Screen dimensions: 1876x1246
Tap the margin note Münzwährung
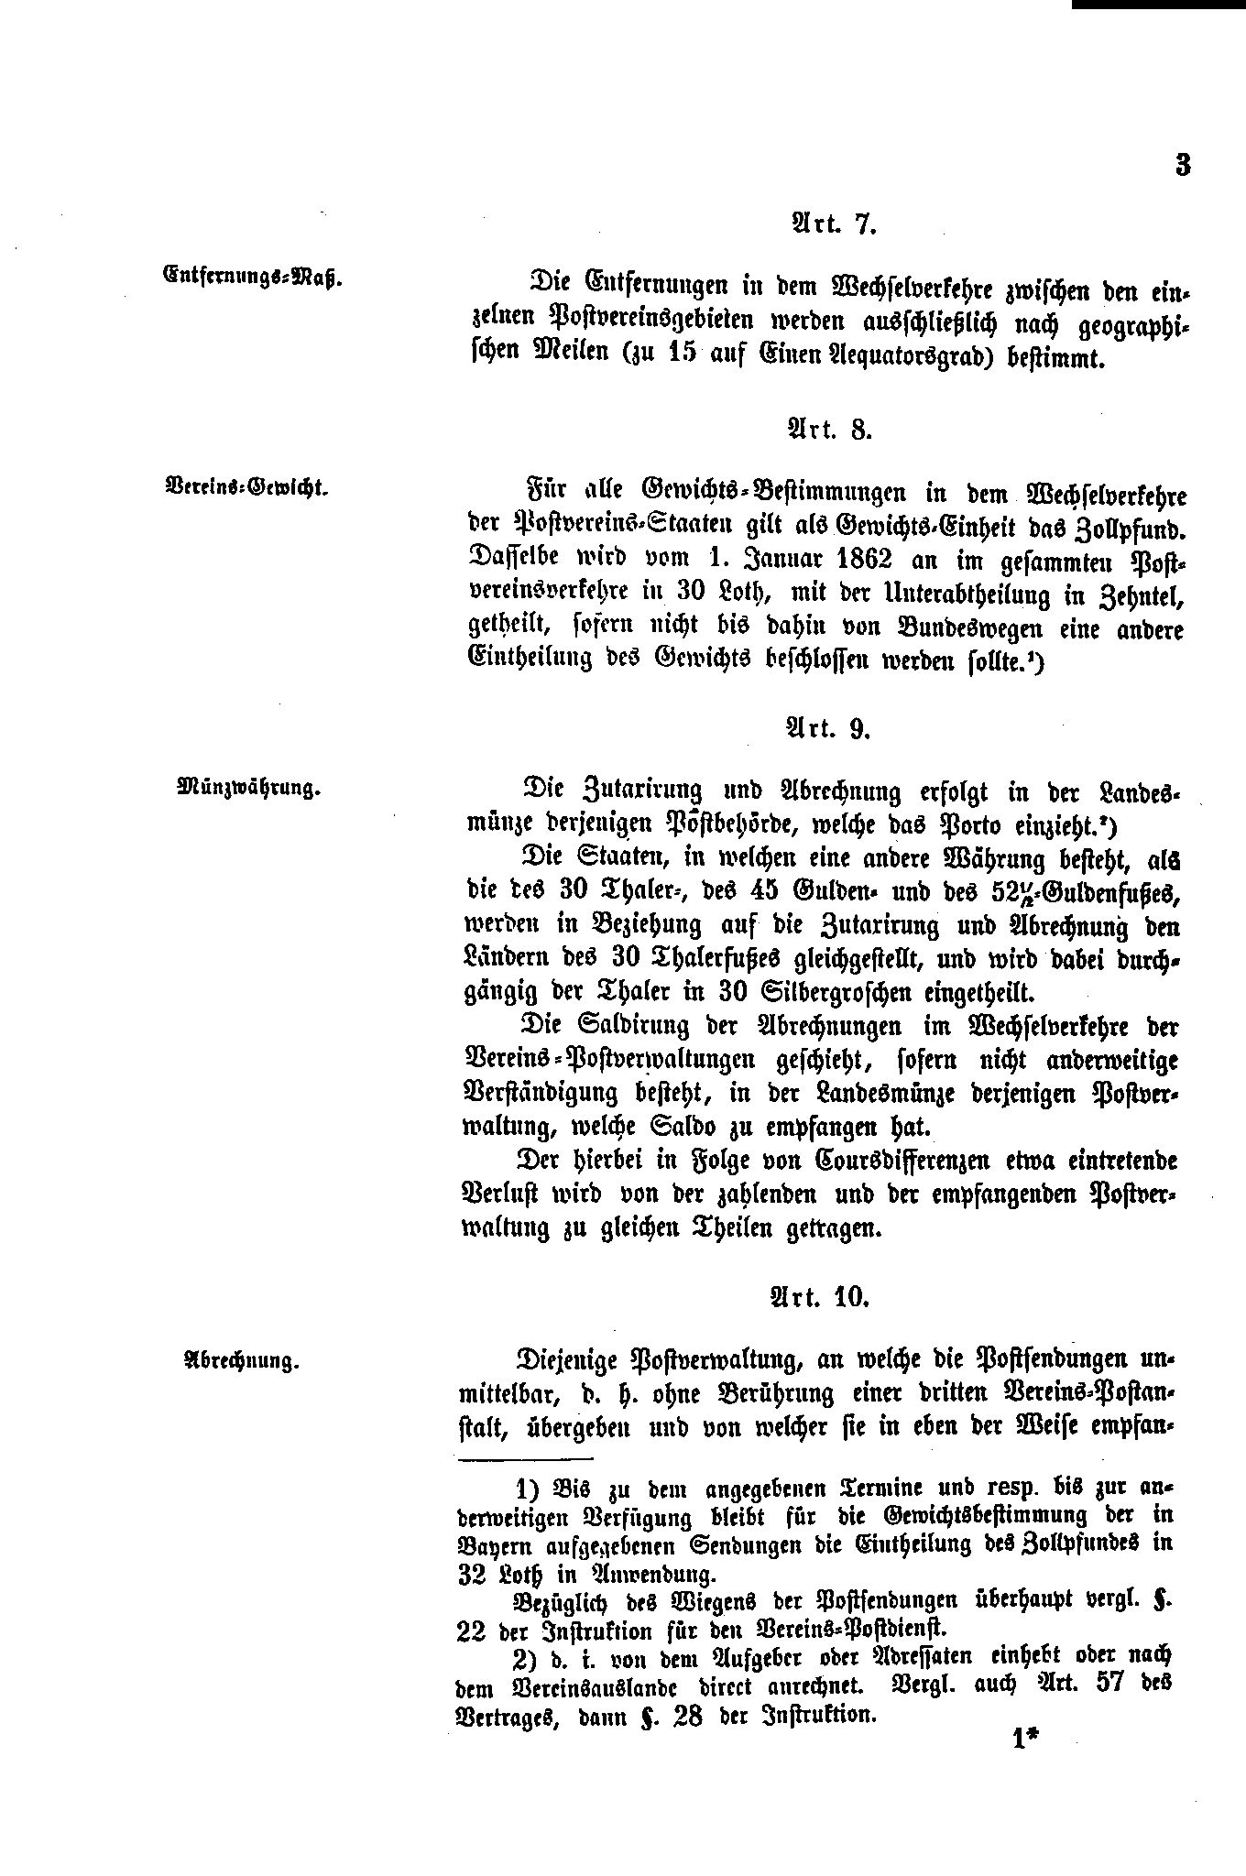pyautogui.click(x=249, y=787)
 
